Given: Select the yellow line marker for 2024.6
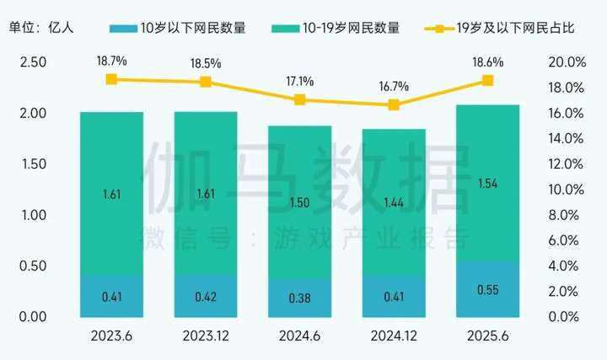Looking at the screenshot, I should click(299, 99).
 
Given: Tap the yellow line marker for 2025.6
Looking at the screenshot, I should click(487, 80).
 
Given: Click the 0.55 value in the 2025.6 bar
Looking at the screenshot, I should click(487, 289).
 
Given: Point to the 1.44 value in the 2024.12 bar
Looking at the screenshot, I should click(393, 203).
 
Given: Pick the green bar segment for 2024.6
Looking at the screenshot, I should click(299, 202).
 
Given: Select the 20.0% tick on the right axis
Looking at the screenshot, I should click(567, 62).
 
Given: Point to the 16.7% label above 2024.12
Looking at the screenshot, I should click(393, 87).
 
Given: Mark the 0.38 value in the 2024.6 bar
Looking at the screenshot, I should click(299, 297).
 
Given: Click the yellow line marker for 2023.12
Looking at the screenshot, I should click(205, 82).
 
